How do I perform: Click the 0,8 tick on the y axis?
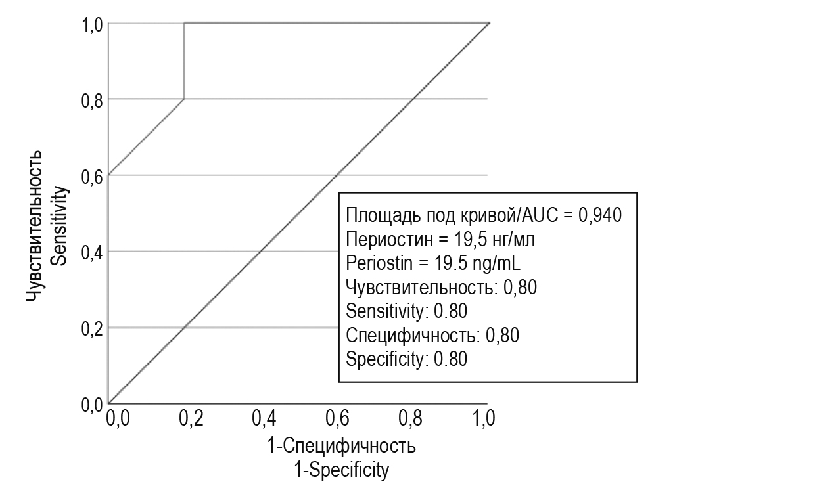tap(93, 99)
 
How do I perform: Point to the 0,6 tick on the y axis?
tap(93, 175)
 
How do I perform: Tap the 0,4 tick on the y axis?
tap(93, 252)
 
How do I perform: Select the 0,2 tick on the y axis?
tap(93, 328)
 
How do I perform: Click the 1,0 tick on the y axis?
tap(93, 24)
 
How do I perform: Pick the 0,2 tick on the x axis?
tap(191, 418)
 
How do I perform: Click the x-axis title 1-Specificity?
tap(342, 470)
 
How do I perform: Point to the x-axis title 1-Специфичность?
tap(342, 447)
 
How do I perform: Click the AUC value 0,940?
tap(599, 215)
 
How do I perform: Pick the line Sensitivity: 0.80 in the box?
tap(406, 311)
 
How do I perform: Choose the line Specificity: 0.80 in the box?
tap(406, 359)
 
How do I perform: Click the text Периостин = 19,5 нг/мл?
tap(440, 240)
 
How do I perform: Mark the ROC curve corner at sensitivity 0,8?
tap(184, 99)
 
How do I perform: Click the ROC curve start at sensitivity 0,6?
tap(109, 175)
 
